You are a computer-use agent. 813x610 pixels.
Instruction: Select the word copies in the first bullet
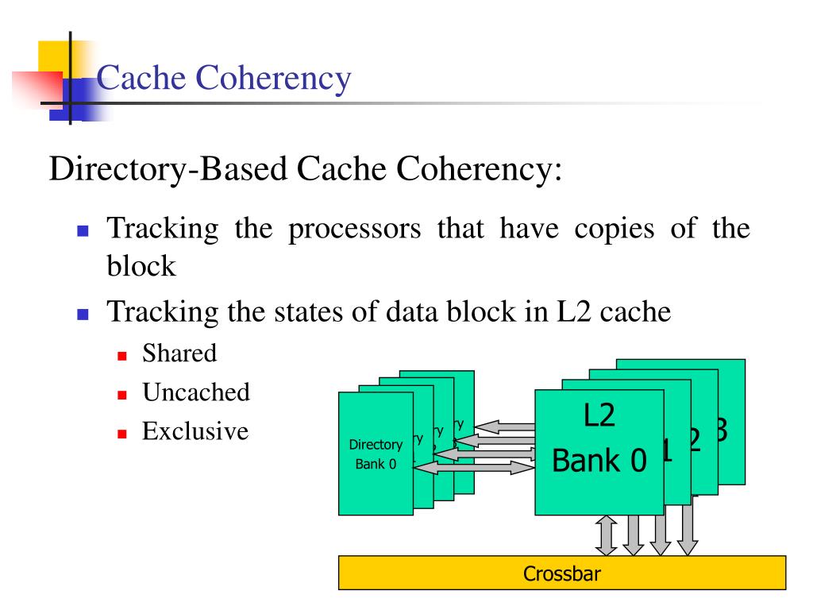pyautogui.click(x=599, y=228)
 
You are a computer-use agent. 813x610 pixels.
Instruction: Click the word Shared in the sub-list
pyautogui.click(x=179, y=353)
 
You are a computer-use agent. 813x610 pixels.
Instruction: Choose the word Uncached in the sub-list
pyautogui.click(x=196, y=392)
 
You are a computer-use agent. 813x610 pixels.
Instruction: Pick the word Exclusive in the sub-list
pyautogui.click(x=195, y=431)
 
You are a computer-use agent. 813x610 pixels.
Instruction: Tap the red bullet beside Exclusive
pyautogui.click(x=122, y=434)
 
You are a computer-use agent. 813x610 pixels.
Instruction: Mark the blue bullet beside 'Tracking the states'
pyautogui.click(x=82, y=315)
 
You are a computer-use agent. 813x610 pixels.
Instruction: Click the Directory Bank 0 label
pyautogui.click(x=376, y=454)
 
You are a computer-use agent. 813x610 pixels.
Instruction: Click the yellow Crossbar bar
pyautogui.click(x=562, y=573)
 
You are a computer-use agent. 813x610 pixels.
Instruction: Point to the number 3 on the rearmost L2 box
pyautogui.click(x=720, y=429)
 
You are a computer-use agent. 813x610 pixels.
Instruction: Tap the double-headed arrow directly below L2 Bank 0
pyautogui.click(x=607, y=536)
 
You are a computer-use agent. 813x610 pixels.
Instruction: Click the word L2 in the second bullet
pyautogui.click(x=572, y=311)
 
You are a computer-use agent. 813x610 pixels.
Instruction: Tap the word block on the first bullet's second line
pyautogui.click(x=141, y=266)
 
